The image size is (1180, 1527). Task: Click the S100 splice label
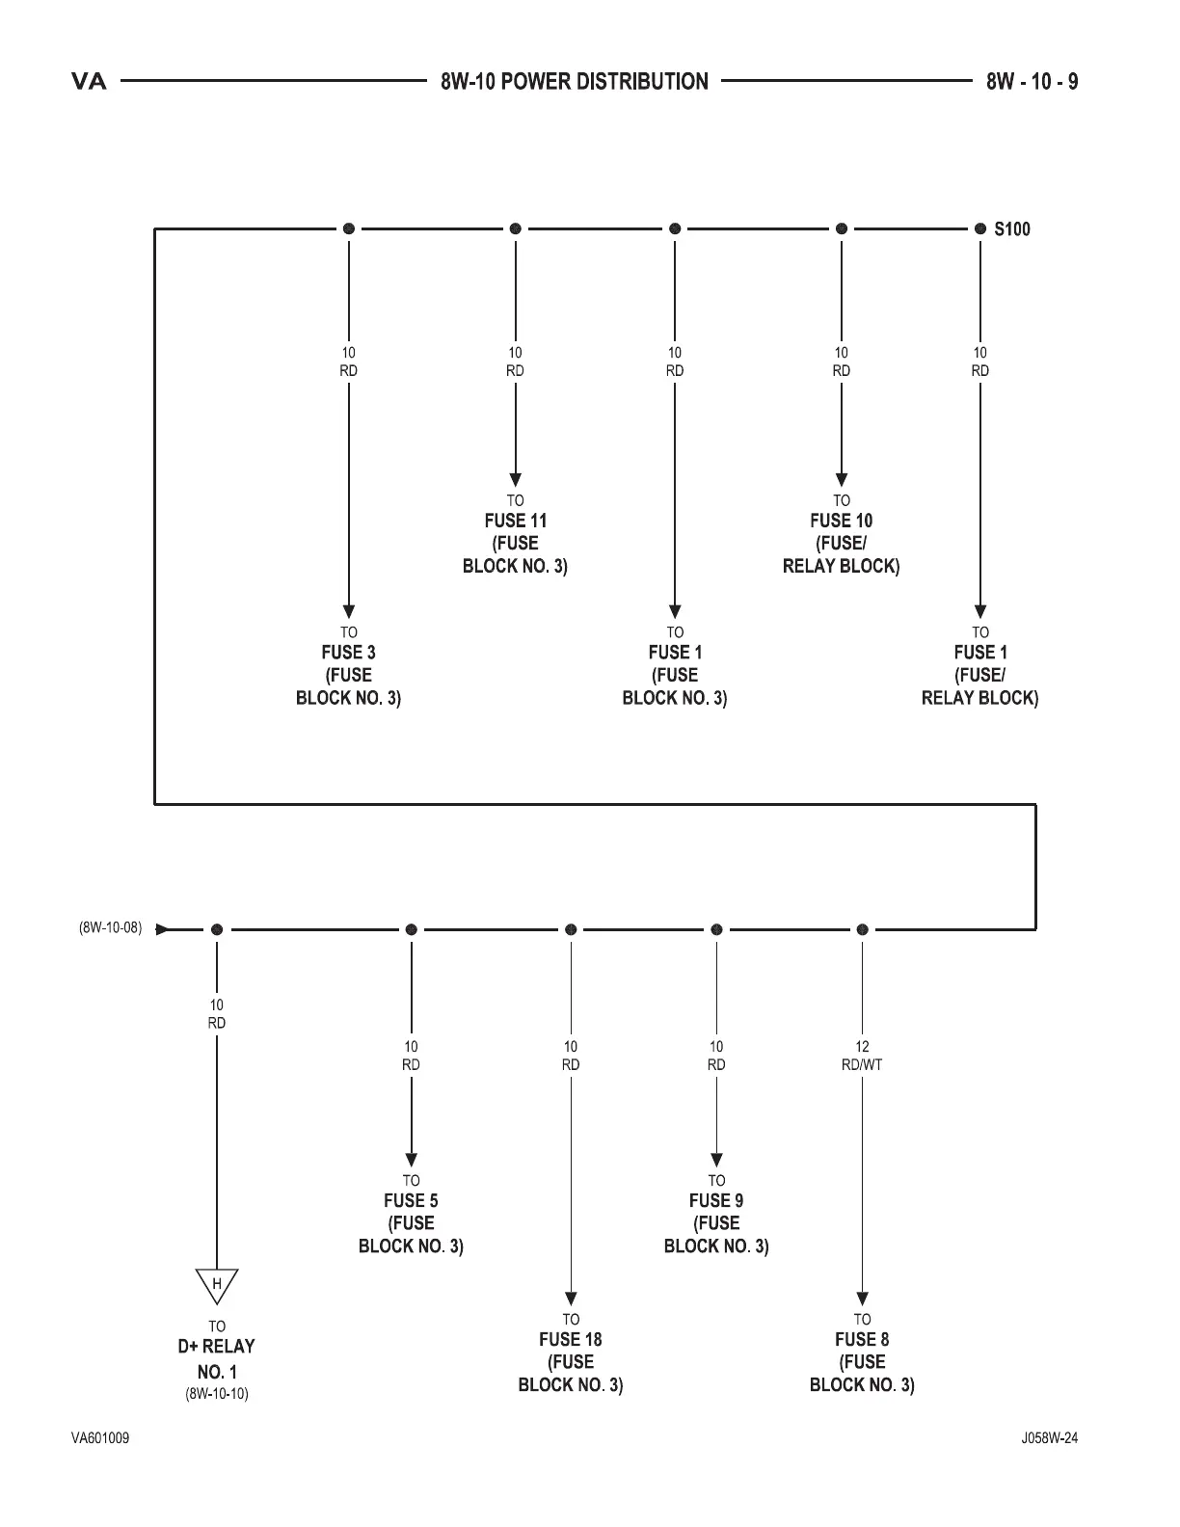click(x=1012, y=229)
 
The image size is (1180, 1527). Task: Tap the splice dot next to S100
click(x=980, y=229)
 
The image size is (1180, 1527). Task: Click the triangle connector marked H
click(x=217, y=1285)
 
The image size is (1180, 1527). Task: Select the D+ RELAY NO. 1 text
click(x=217, y=1358)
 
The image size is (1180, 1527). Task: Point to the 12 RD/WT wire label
click(x=862, y=1056)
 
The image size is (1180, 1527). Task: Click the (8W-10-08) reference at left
click(x=110, y=929)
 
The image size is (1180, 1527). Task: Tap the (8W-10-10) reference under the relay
click(x=217, y=1394)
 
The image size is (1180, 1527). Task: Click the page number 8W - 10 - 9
click(x=1032, y=82)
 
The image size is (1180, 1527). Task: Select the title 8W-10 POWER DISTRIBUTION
click(x=575, y=82)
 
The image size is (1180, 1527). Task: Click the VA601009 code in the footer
click(x=100, y=1438)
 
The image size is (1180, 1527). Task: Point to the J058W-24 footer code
click(x=1050, y=1438)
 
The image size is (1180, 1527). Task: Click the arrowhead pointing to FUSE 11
click(x=516, y=479)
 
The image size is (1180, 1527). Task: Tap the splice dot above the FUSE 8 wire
click(x=862, y=929)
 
